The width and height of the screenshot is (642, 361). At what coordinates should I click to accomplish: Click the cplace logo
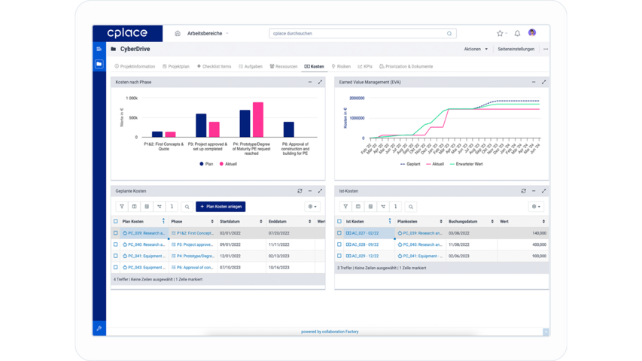[126, 33]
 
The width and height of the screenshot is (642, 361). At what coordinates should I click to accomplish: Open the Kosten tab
[315, 66]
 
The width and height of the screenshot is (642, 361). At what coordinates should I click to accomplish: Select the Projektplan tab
[176, 66]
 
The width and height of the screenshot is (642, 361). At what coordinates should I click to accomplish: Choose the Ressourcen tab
[284, 66]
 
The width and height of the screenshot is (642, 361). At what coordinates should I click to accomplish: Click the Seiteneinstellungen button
[516, 49]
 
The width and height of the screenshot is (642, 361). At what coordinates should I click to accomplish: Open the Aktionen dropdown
[475, 49]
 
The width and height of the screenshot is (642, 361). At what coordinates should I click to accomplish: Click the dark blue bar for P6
[288, 129]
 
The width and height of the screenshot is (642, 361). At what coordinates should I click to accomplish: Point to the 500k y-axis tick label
[132, 117]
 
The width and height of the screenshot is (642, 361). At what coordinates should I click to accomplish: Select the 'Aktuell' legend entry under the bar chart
[228, 163]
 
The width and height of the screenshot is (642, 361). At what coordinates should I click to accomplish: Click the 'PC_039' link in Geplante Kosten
[144, 233]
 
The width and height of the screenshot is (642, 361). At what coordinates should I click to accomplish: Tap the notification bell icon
[517, 33]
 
